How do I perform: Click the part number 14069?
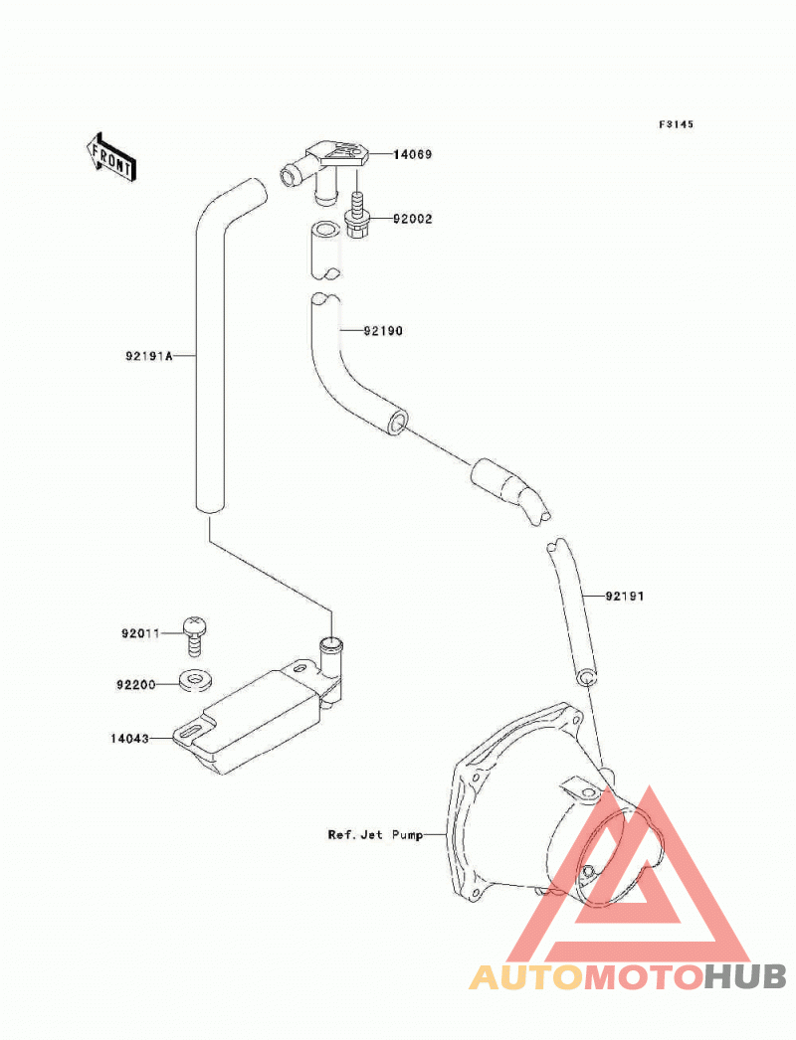coord(412,154)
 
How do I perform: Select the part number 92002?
coord(412,219)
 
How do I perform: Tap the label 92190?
coord(383,330)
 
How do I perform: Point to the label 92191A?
coord(148,356)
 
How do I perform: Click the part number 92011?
coord(140,633)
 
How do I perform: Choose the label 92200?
coord(136,684)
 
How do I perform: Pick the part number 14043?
coord(130,738)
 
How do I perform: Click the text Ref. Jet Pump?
coord(375,834)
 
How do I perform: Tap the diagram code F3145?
coord(676,124)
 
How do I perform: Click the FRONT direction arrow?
coord(110,157)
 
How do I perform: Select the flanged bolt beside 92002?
coord(357,215)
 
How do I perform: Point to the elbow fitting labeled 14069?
coord(326,167)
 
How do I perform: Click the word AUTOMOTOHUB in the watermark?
coord(628,976)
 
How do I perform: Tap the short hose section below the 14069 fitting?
coord(325,250)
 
